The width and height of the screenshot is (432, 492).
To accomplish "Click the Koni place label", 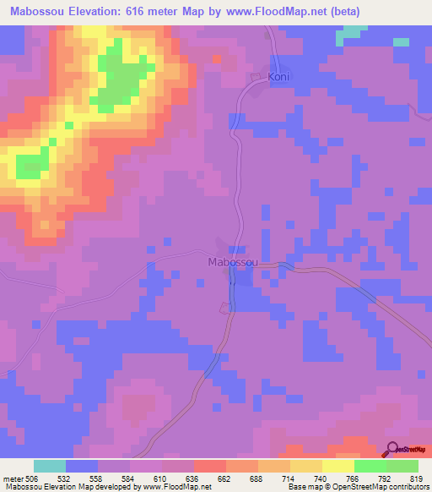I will click(279, 77).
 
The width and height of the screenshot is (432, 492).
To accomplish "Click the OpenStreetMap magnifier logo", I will click(391, 449).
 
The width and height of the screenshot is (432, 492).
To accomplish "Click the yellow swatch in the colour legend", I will click(337, 466).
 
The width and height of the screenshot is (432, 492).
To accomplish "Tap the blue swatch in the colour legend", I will click(82, 466).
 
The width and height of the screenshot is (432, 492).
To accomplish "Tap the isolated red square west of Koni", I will click(216, 58).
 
